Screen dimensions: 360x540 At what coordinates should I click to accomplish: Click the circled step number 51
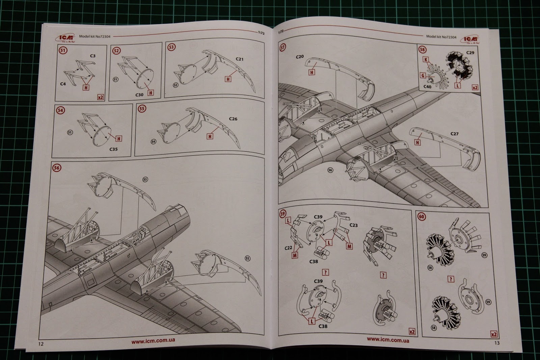point(63,51)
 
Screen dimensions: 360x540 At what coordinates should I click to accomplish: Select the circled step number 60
point(422,216)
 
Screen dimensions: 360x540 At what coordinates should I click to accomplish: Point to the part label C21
point(239,59)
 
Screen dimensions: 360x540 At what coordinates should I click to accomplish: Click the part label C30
point(139,95)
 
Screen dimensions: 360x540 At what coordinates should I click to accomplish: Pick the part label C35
point(113,149)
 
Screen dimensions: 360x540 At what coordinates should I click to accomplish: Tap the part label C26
point(233,119)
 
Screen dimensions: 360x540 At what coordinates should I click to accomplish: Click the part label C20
point(300,57)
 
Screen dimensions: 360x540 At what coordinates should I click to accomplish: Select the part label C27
point(454,134)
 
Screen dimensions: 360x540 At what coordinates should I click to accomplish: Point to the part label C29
point(470,53)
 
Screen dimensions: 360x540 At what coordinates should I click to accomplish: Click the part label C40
point(427,87)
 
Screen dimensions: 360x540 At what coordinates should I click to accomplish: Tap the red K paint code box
point(426,59)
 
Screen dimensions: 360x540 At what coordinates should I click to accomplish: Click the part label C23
point(354,225)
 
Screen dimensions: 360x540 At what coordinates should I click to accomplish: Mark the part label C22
point(288,248)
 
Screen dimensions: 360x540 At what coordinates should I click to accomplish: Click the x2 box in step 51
point(100,97)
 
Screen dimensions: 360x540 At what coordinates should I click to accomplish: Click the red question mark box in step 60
point(451,279)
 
